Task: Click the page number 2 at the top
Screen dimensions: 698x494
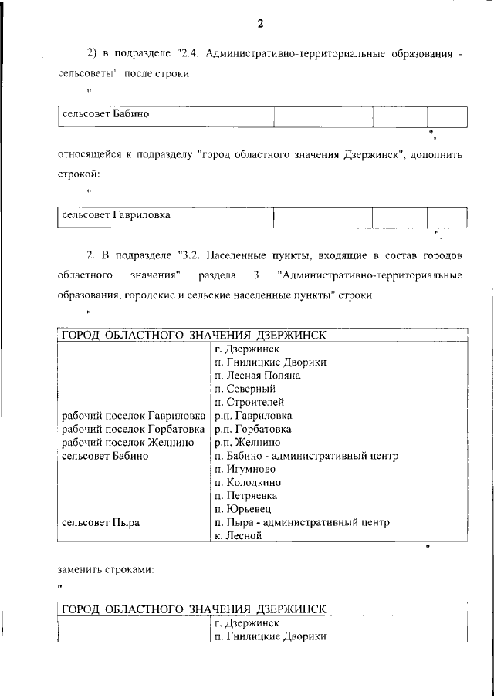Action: coord(260,23)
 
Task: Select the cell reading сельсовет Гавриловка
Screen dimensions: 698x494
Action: coord(116,215)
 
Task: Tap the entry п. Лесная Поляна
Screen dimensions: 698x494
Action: coord(258,376)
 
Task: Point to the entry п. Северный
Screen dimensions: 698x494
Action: coord(245,389)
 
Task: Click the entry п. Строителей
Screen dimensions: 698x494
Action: coord(249,402)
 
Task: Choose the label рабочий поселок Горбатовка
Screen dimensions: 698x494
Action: coord(133,429)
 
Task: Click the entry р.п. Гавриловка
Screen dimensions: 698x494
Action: coord(252,416)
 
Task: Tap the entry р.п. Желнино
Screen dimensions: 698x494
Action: coord(247,442)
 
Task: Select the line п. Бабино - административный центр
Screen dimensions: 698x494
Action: coord(306,456)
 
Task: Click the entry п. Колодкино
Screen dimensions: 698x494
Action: coord(248,482)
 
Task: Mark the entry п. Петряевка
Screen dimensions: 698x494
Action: coord(246,495)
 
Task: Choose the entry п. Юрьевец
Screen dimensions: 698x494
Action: coord(242,509)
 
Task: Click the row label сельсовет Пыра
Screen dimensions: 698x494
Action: coord(100,522)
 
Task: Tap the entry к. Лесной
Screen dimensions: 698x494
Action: coord(239,535)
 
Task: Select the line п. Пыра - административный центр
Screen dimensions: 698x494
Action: coord(302,522)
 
